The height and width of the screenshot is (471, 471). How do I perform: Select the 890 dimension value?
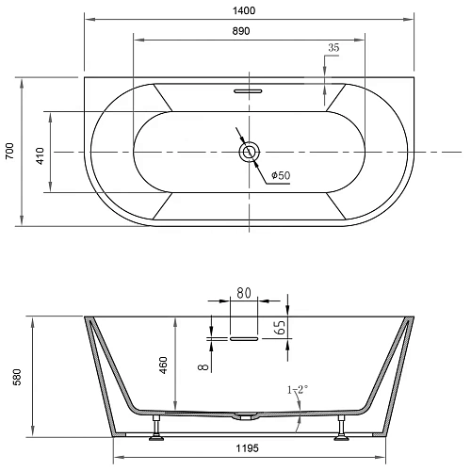point(250,30)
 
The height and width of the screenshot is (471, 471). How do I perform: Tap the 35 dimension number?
point(333,46)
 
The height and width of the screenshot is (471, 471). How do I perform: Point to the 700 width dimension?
point(9,152)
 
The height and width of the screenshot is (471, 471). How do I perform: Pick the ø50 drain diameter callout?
point(280,176)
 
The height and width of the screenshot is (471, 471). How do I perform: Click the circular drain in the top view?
point(250,152)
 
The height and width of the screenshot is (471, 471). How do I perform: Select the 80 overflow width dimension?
point(243,293)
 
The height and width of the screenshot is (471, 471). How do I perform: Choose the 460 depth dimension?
point(163,365)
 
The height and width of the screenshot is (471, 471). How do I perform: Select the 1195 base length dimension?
point(248,448)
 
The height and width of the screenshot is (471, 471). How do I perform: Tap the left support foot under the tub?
point(153,433)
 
